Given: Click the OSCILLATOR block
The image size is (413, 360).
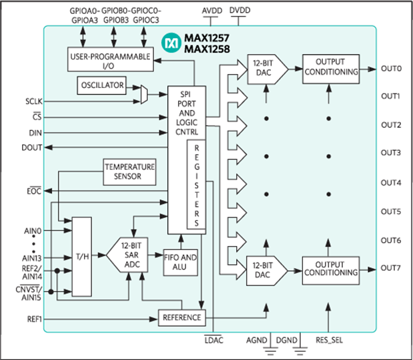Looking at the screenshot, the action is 101,85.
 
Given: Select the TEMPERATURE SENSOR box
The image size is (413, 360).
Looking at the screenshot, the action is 129,172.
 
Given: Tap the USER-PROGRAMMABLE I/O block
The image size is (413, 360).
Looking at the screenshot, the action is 110,59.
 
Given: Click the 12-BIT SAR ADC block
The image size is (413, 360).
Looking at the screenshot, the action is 127,255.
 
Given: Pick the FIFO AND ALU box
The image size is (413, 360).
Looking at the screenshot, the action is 180,263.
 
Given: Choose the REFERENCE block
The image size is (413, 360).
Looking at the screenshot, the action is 181,317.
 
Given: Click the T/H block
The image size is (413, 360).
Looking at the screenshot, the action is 82,257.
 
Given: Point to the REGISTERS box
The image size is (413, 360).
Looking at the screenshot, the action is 196,185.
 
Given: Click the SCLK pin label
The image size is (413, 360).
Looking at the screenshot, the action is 34,101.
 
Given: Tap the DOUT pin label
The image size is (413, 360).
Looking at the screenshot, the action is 31,147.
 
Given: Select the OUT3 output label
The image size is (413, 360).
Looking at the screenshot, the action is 391,153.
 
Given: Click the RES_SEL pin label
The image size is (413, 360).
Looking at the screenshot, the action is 329,340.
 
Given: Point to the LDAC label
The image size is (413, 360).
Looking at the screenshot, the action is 214,340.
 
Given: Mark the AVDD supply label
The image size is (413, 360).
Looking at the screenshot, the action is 212,11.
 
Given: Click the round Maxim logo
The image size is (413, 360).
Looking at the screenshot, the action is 171,43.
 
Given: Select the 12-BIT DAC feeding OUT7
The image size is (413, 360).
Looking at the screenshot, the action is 267,271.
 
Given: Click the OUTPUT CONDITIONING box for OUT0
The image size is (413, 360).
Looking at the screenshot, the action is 331,69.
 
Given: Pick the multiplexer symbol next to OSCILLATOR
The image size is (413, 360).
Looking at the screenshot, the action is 144,95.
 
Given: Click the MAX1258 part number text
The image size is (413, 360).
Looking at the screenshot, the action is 207,49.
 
